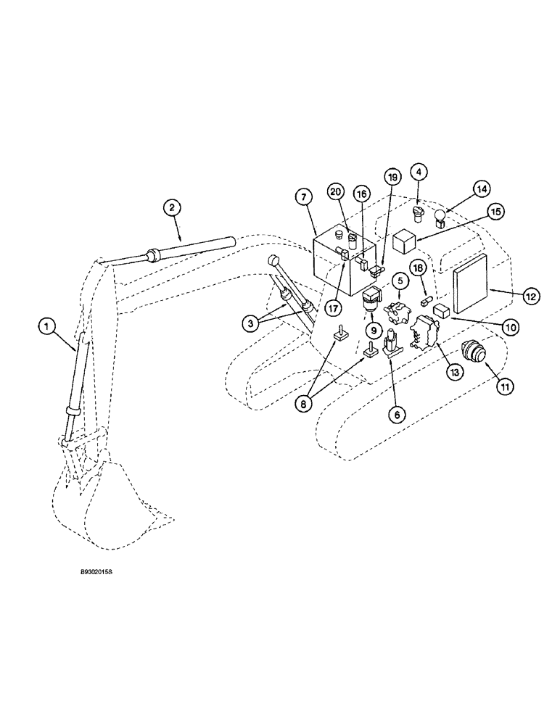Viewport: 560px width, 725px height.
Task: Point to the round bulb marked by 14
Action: pyautogui.click(x=438, y=216)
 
